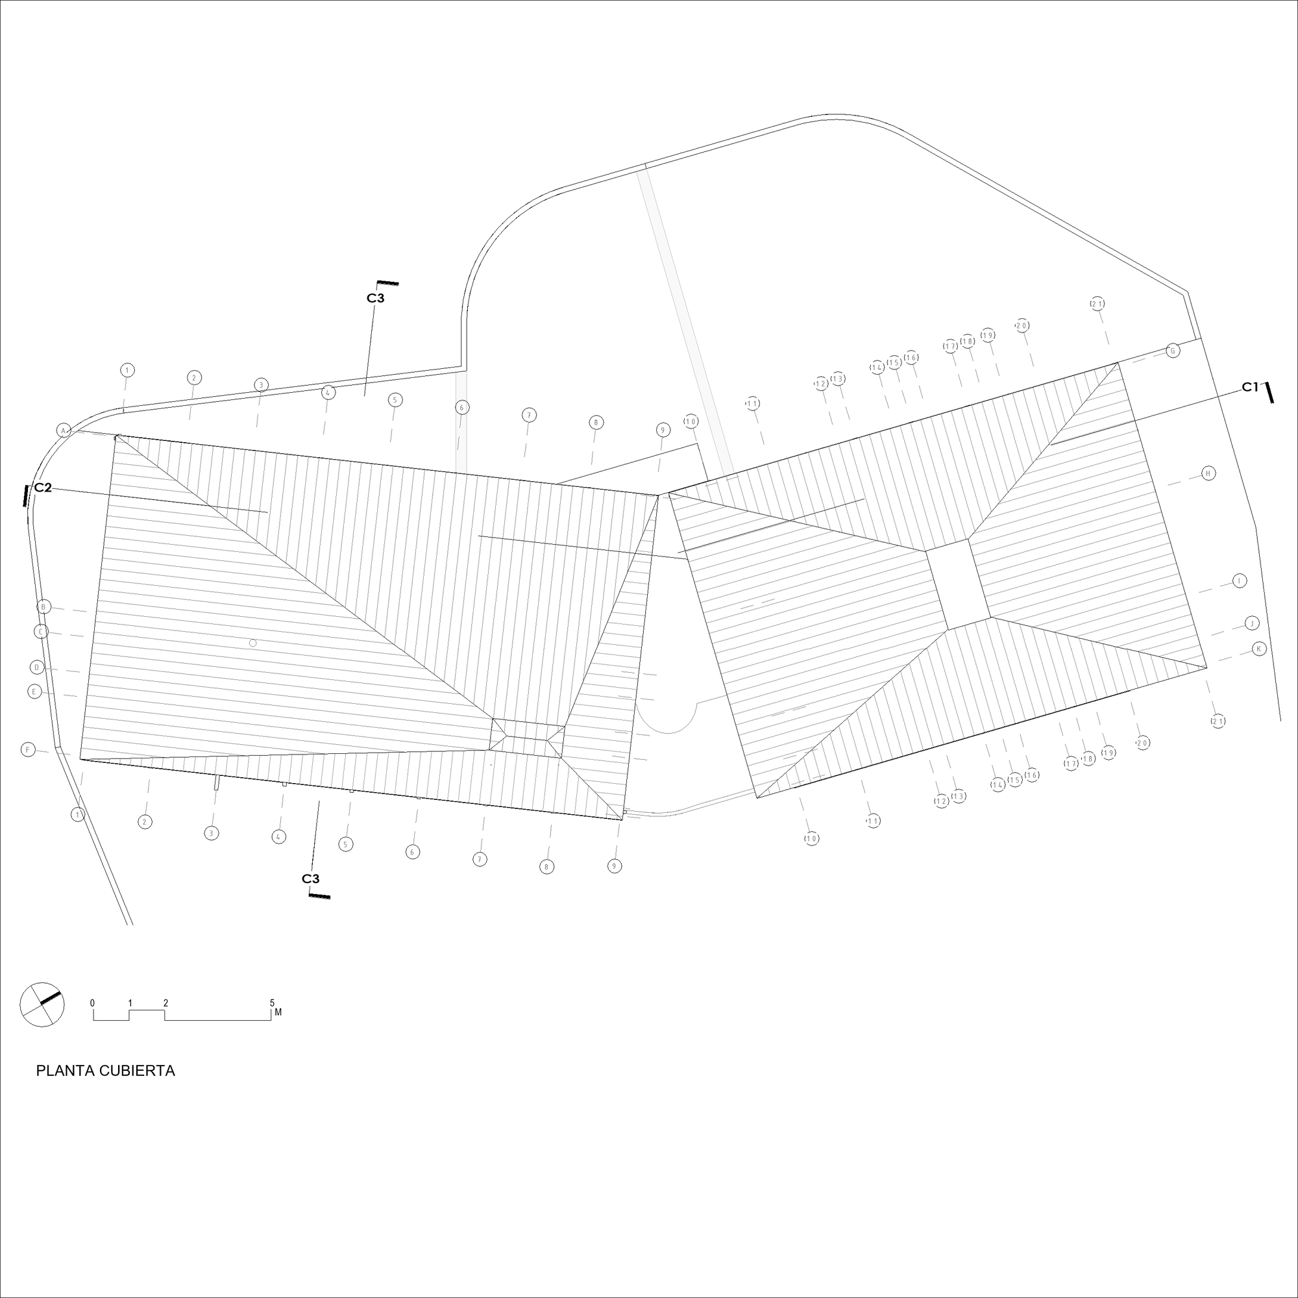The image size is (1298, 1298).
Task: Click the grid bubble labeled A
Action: (63, 431)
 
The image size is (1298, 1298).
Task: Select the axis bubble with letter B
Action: (43, 607)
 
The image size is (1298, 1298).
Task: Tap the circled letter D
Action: (38, 668)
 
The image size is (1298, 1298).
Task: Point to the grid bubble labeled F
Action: (28, 749)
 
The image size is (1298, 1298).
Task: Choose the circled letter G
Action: (1173, 350)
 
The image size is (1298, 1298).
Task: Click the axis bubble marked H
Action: (1208, 473)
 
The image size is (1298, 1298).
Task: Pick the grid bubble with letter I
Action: (1240, 580)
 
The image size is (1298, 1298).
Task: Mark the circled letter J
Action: (1252, 623)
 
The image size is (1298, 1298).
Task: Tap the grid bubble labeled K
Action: (1260, 649)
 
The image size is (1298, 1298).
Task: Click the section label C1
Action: (1249, 387)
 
